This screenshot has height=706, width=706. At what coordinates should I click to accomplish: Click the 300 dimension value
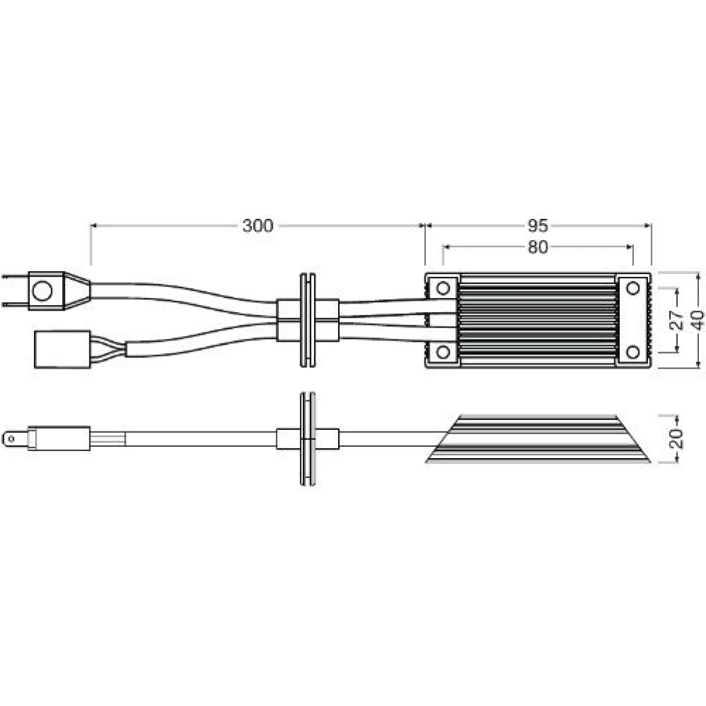coord(258,226)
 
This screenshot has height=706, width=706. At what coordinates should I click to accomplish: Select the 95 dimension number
coord(537,226)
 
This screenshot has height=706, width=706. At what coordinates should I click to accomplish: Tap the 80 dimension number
coord(537,247)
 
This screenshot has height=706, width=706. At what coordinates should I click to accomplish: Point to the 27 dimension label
coord(677,320)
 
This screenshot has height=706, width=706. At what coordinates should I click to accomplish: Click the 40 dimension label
coord(698,320)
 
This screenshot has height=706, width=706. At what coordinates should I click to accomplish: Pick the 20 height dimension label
coord(677,438)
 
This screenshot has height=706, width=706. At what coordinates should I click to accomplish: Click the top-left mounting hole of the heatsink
coord(443,288)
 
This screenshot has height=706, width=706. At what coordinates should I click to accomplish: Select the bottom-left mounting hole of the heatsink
coord(443,352)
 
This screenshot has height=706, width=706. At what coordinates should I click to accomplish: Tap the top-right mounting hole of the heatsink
coord(633,288)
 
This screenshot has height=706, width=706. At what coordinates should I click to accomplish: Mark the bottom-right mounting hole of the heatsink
coord(633,352)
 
